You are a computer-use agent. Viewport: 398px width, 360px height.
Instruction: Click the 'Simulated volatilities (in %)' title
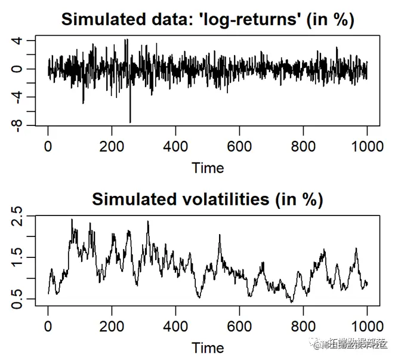[x=207, y=199]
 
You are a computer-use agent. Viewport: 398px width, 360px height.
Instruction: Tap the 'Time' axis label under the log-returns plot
[x=208, y=168]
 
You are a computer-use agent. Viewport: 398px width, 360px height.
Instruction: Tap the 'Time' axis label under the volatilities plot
[x=208, y=347]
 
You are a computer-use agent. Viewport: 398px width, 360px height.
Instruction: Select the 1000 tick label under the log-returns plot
[x=366, y=146]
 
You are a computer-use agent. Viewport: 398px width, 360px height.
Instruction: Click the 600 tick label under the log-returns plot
[x=239, y=146]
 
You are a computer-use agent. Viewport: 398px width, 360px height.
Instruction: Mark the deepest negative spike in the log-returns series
[x=130, y=122]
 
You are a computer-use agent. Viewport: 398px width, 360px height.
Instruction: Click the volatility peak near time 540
[x=220, y=235]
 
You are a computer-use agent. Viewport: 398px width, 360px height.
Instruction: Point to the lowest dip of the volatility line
[x=292, y=302]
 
